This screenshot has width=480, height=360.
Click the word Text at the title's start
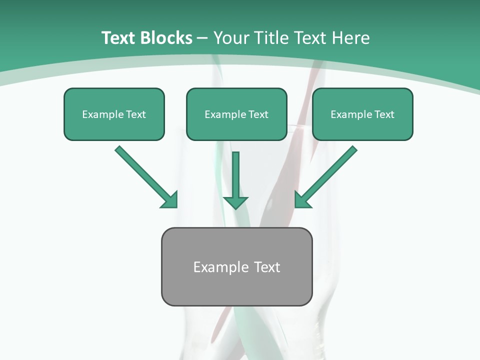(118, 38)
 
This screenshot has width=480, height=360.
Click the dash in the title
(202, 38)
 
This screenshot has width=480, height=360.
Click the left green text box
(114, 114)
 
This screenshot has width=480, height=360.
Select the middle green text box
(236, 114)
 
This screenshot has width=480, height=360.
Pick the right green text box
(362, 114)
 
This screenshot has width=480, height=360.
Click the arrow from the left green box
(145, 176)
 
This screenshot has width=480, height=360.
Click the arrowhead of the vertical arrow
(235, 202)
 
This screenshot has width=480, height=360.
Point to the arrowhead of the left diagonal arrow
(170, 200)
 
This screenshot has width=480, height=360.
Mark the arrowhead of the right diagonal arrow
(301, 200)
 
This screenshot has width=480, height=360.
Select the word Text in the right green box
(384, 114)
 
